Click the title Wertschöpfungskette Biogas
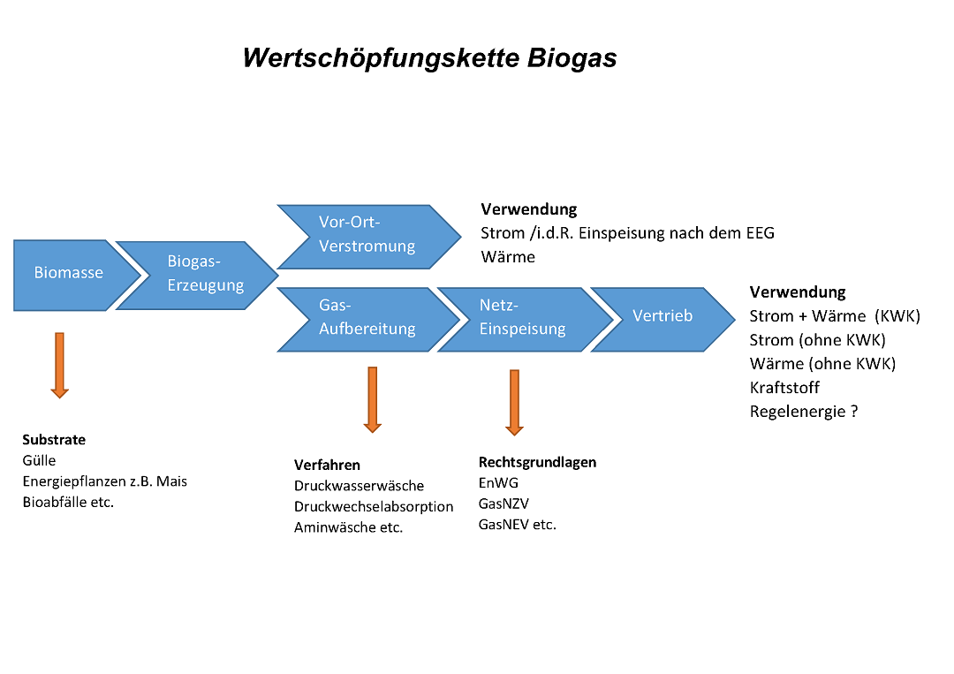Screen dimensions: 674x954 tap(429, 58)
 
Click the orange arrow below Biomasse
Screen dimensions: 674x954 tap(59, 365)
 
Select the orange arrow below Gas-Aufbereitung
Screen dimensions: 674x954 tap(372, 399)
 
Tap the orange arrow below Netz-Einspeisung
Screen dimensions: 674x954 tap(514, 402)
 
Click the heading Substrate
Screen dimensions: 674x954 tap(54, 440)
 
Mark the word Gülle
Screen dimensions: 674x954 tap(39, 460)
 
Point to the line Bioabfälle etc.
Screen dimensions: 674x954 tap(68, 503)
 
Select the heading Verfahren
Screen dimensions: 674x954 tap(327, 466)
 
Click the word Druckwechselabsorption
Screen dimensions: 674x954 tap(374, 507)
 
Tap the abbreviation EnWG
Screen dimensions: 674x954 tap(498, 483)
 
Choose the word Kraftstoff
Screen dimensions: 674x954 tap(784, 388)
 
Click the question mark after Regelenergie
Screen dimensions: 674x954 tap(854, 412)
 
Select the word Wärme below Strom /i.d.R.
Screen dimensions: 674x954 tap(508, 257)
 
